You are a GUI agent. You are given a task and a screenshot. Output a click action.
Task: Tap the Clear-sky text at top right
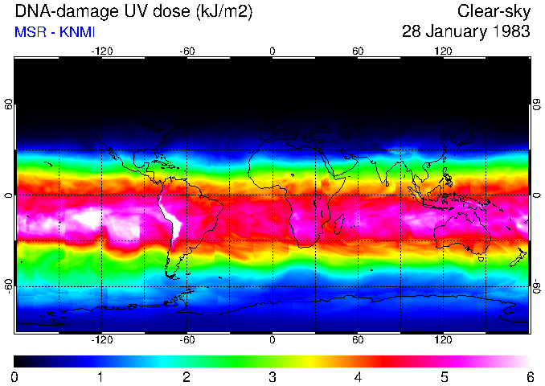tap(494, 12)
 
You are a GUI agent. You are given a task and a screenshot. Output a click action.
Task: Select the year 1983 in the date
tap(511, 33)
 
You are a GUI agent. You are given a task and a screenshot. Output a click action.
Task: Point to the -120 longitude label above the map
tap(101, 51)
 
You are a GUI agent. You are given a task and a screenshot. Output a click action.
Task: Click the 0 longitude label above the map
tap(272, 51)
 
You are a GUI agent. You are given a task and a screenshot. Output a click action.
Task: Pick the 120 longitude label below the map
tap(444, 340)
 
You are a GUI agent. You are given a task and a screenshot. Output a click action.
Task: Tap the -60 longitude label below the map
tap(187, 340)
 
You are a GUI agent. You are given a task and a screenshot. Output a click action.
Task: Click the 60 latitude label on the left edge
tap(9, 105)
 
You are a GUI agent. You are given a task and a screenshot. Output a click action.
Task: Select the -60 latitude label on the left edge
tap(9, 285)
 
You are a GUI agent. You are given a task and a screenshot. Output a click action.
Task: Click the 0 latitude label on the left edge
tap(9, 195)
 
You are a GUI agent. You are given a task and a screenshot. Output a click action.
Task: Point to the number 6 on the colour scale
tap(529, 377)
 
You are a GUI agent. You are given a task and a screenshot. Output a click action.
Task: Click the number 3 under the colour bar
tap(272, 377)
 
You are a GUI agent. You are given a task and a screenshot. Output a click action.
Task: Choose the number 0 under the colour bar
tap(14, 377)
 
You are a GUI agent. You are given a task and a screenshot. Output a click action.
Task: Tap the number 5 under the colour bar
tap(443, 377)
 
